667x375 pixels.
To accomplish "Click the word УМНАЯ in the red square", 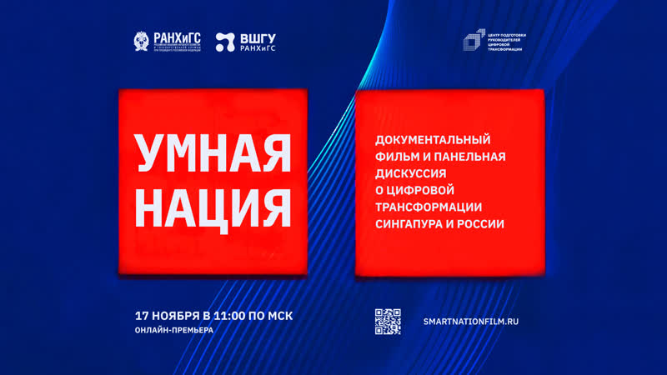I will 213,156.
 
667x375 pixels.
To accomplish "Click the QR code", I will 388,320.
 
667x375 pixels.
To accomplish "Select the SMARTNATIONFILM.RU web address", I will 476,321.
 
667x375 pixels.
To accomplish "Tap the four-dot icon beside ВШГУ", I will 224,42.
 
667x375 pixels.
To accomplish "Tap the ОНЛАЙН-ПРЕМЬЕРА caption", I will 173,331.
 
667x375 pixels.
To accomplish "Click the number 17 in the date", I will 142,316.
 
